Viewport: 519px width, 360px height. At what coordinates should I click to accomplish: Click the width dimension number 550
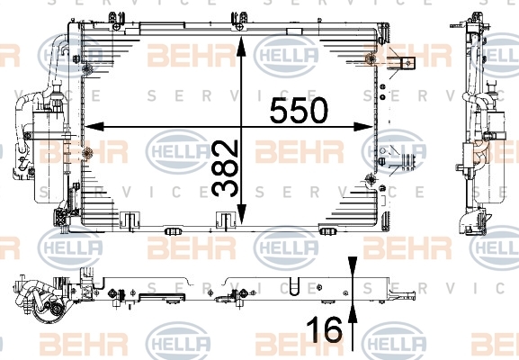click(x=299, y=110)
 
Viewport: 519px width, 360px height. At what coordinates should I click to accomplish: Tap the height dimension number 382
click(x=225, y=168)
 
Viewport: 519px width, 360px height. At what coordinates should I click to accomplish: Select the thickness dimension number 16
click(x=324, y=329)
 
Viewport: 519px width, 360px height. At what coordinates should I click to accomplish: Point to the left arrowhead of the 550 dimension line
click(x=94, y=127)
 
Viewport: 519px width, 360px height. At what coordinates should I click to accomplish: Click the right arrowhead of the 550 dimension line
click(x=363, y=127)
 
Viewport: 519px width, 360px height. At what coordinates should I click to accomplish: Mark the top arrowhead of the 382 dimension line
click(x=241, y=47)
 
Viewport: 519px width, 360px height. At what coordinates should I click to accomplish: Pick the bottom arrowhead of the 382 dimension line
click(x=242, y=214)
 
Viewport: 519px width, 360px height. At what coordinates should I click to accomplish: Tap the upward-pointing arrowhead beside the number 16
click(x=353, y=314)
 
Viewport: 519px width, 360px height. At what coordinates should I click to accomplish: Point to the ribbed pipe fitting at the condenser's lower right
click(x=407, y=162)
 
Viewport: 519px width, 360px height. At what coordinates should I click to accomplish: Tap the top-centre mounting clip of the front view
click(x=239, y=22)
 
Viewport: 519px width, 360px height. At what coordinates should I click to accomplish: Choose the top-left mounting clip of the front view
click(x=117, y=22)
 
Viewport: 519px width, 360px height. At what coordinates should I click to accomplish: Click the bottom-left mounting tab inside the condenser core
click(x=130, y=220)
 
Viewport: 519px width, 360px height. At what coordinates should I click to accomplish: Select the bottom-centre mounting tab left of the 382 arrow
click(x=226, y=220)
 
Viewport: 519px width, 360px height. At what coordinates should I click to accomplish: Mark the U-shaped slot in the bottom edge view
click(x=294, y=286)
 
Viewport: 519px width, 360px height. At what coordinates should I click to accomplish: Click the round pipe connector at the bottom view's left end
click(x=57, y=310)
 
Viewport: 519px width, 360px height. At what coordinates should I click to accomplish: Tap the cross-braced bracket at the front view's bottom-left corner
click(x=62, y=217)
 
